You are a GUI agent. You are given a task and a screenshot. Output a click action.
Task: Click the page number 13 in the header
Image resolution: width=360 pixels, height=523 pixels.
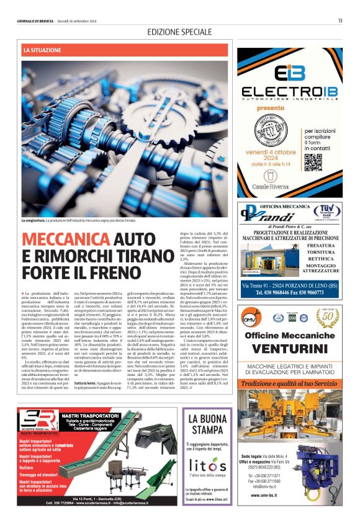click(340, 20)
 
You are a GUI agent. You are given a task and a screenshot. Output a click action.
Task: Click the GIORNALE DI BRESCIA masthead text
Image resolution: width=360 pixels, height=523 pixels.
click(37, 21)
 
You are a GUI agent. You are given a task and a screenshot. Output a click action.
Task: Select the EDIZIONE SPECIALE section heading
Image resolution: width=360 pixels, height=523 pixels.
click(179, 32)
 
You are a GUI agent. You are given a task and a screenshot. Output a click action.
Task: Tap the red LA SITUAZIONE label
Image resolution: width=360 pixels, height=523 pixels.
click(42, 49)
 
